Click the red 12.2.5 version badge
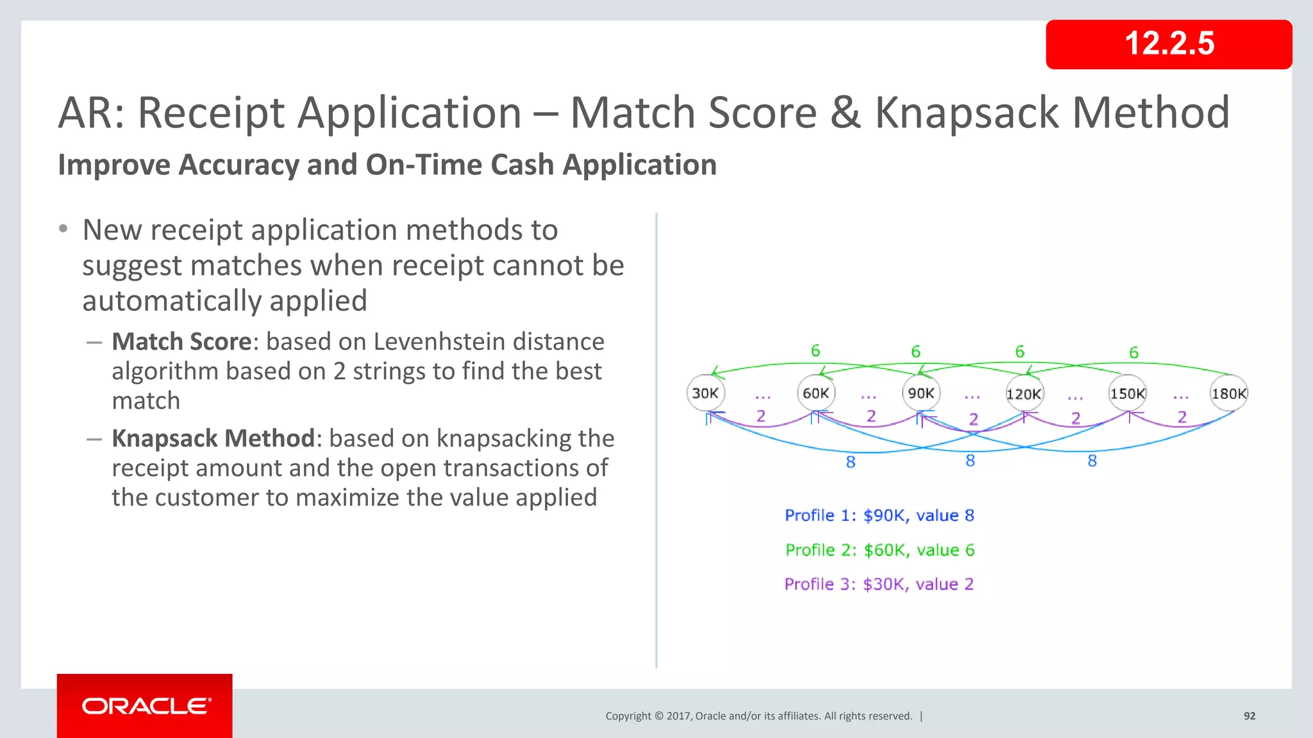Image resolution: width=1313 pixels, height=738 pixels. pos(1168,44)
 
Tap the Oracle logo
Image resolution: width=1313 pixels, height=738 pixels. pos(145,706)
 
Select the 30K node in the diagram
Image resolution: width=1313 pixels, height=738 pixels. pos(705,393)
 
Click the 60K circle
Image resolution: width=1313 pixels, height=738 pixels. pos(815,393)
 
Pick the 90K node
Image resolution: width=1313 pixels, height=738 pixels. pos(921,393)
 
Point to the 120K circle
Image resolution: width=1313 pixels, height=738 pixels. pos(1023,394)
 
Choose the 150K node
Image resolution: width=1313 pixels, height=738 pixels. pos(1127,393)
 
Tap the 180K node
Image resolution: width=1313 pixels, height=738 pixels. pos(1228,393)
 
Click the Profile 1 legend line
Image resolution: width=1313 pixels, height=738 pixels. pos(879,515)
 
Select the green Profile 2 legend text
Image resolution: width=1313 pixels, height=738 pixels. pos(879,550)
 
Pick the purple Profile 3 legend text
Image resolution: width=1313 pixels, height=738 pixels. pos(878,584)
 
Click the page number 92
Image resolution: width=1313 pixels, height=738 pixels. pos(1249,716)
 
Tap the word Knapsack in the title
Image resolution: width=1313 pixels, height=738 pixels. pos(967,113)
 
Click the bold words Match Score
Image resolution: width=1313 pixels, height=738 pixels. pos(181,341)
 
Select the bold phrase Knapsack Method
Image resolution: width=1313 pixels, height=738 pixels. pos(213,438)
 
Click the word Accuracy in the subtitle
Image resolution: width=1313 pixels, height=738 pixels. pos(237,165)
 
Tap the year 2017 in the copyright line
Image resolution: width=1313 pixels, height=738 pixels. pos(679,716)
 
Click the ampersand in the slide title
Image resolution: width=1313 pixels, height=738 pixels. pos(845,113)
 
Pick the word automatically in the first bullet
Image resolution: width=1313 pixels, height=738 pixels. pos(224,300)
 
